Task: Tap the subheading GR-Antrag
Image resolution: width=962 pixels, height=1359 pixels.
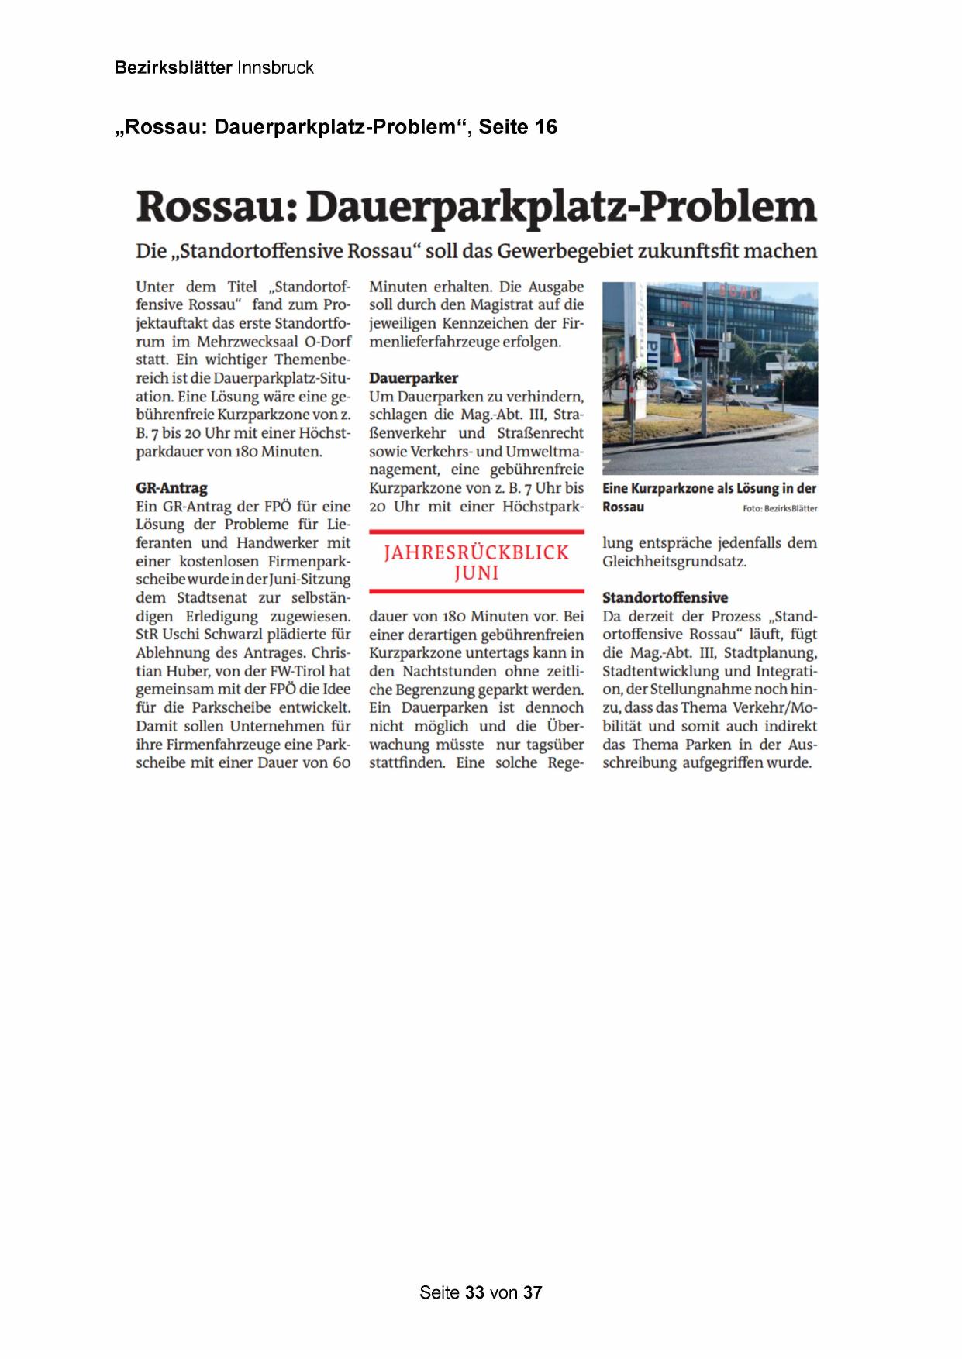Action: [171, 488]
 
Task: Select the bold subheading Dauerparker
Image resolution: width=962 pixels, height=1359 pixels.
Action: [413, 378]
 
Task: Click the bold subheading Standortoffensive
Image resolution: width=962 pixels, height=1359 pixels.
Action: [664, 597]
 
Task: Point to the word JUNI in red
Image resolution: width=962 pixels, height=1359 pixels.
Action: [476, 573]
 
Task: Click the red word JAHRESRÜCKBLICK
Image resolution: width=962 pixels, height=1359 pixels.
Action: [476, 552]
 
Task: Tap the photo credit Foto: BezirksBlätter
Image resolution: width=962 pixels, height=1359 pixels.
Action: [778, 508]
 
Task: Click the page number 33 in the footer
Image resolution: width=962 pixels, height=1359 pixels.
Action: [474, 1292]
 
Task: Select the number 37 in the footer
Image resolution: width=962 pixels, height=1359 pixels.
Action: [533, 1292]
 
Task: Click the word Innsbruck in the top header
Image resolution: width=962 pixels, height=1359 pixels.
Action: [275, 67]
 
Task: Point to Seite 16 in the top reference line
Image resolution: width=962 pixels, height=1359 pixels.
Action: [518, 127]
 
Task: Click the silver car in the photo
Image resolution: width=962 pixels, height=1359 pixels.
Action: [679, 387]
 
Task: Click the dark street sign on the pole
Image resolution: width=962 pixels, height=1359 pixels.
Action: [709, 352]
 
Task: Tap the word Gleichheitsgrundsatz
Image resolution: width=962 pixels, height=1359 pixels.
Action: [674, 561]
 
